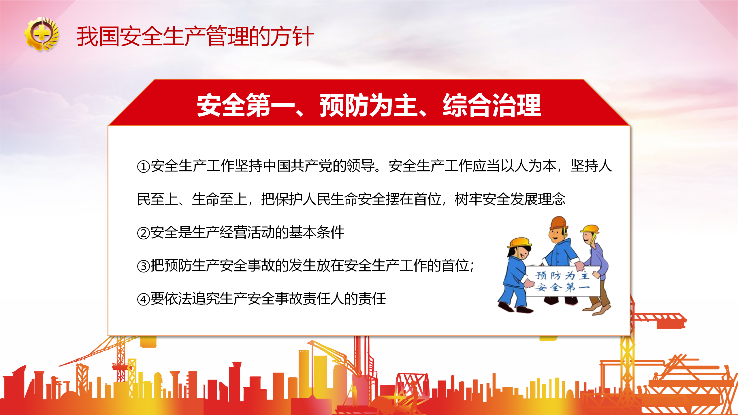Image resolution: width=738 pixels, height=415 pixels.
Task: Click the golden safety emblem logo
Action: tap(42, 34)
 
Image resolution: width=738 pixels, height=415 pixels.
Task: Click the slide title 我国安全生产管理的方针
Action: tap(195, 36)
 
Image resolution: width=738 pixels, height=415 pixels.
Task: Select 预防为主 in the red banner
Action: tap(369, 105)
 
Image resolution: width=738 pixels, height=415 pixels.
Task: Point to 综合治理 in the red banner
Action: tap(492, 105)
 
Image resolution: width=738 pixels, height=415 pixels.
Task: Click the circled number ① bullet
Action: tap(143, 167)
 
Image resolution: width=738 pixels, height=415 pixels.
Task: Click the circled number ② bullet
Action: tap(143, 233)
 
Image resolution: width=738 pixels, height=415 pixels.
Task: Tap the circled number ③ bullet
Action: tap(143, 266)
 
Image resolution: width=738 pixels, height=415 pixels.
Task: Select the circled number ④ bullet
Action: tap(143, 299)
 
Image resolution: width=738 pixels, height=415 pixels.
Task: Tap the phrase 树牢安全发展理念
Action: tap(510, 199)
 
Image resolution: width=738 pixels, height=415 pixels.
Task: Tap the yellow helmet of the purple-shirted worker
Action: tap(590, 229)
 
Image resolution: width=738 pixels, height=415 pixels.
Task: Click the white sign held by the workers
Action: tap(563, 281)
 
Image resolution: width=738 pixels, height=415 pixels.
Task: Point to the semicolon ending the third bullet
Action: tap(472, 266)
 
